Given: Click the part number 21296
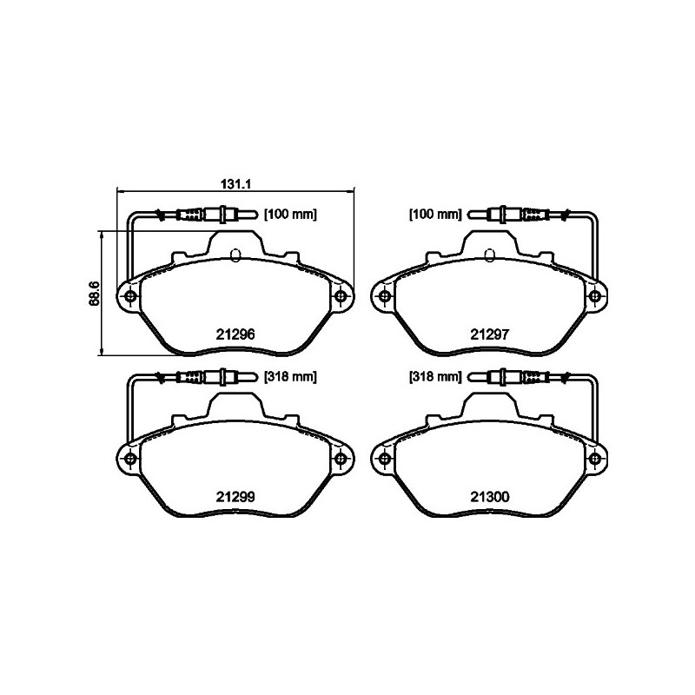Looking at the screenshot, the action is [235, 334].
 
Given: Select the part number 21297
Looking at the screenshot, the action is [490, 334].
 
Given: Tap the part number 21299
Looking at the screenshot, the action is [235, 497].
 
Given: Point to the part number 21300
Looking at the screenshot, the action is [490, 497].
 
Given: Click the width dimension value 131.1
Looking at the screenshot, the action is [236, 183].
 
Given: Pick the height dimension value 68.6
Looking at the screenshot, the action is [94, 294].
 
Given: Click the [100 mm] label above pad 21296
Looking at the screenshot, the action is [291, 215].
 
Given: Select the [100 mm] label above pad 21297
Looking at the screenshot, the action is [435, 215].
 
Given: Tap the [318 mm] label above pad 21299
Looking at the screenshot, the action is [291, 377].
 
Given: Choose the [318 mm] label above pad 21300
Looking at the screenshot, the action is [435, 377].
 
